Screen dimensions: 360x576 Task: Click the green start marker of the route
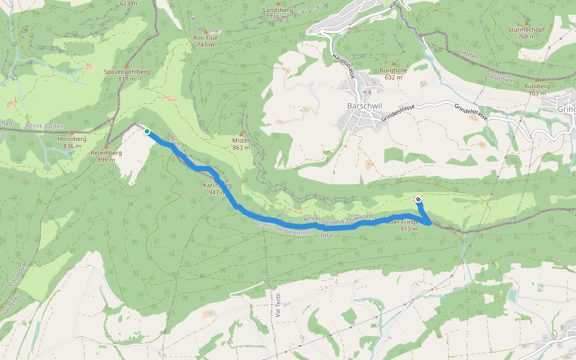tap(147, 131)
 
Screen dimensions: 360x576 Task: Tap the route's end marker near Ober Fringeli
tap(418, 199)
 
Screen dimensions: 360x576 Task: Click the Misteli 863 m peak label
tap(241, 143)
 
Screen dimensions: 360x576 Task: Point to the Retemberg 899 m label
tap(106, 156)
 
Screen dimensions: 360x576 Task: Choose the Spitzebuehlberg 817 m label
tap(127, 75)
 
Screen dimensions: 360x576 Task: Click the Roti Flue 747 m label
tap(205, 41)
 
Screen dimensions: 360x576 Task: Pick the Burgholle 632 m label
tap(393, 73)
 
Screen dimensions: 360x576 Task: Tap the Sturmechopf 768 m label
tap(526, 32)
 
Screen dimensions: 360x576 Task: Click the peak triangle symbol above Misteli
tap(241, 134)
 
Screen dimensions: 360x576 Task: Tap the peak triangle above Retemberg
tap(106, 146)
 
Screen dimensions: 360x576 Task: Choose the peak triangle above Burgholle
tap(393, 63)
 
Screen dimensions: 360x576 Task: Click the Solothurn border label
tap(497, 80)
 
